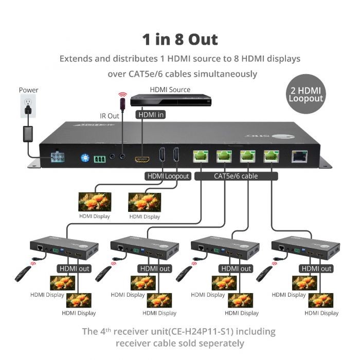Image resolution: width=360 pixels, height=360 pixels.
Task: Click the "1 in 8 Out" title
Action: [x=179, y=40]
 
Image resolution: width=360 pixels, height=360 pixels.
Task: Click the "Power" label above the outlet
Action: [x=28, y=90]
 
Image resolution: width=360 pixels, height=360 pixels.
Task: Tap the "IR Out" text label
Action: [x=109, y=116]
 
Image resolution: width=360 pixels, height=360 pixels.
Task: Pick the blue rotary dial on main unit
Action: [x=85, y=157]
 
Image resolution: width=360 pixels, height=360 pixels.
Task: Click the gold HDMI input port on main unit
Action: [x=141, y=159]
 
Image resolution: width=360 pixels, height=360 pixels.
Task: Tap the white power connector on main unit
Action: [x=58, y=157]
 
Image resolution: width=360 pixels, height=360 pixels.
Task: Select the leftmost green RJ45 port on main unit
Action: [x=200, y=156]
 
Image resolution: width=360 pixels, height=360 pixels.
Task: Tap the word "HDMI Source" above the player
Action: [x=170, y=89]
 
